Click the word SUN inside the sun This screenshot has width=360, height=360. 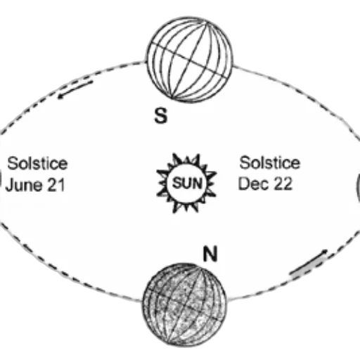(x=187, y=183)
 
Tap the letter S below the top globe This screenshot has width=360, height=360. (x=161, y=115)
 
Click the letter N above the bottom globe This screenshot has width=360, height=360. (x=210, y=254)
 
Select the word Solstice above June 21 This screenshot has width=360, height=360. (x=37, y=163)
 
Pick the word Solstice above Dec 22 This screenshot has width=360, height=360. (x=269, y=162)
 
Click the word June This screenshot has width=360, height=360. (x=23, y=185)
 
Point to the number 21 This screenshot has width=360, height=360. (x=56, y=185)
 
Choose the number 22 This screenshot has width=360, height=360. (x=283, y=184)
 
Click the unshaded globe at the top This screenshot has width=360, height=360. (x=190, y=60)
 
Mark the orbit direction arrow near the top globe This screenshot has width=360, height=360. (x=75, y=89)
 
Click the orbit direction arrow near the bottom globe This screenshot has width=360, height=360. (x=309, y=262)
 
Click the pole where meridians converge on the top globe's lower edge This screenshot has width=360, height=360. (x=172, y=97)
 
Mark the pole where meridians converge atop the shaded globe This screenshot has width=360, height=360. (x=201, y=269)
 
